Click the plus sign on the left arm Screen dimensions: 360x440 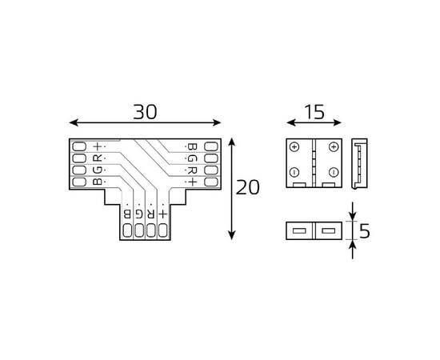point(98,146)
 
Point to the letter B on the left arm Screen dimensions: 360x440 point(98,182)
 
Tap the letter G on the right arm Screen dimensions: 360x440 point(191,158)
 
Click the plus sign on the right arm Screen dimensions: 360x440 point(191,182)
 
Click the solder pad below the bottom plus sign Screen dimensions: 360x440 point(162,232)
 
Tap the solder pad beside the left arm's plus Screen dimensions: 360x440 point(78,146)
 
